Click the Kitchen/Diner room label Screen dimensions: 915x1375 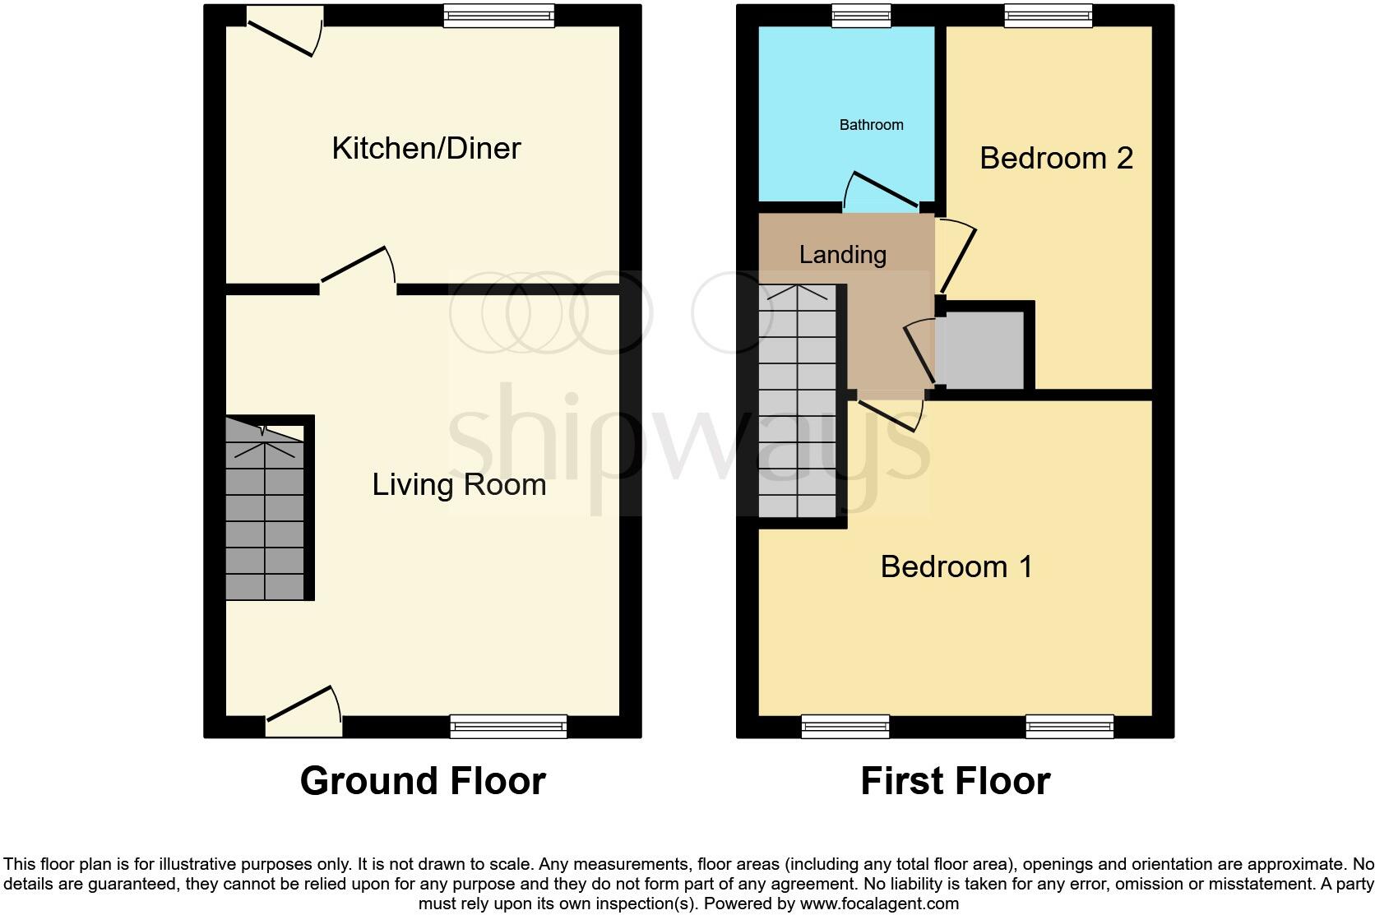click(426, 149)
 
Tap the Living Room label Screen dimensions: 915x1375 click(459, 484)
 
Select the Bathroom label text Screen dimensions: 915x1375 click(871, 125)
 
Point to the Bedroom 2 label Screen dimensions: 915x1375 click(1056, 158)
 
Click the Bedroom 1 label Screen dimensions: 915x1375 click(956, 566)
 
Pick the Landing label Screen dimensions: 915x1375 click(842, 255)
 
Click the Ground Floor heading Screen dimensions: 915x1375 click(423, 781)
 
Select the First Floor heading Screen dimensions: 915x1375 click(955, 781)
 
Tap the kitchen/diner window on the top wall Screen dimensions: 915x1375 click(498, 16)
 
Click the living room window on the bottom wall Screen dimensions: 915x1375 click(508, 726)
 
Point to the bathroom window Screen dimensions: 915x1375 click(860, 15)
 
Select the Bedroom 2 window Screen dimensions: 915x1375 click(1048, 15)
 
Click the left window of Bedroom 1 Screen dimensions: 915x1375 click(845, 726)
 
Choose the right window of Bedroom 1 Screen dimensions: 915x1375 click(1069, 726)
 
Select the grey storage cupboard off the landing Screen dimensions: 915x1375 click(980, 349)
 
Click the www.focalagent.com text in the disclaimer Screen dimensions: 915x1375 click(879, 904)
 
